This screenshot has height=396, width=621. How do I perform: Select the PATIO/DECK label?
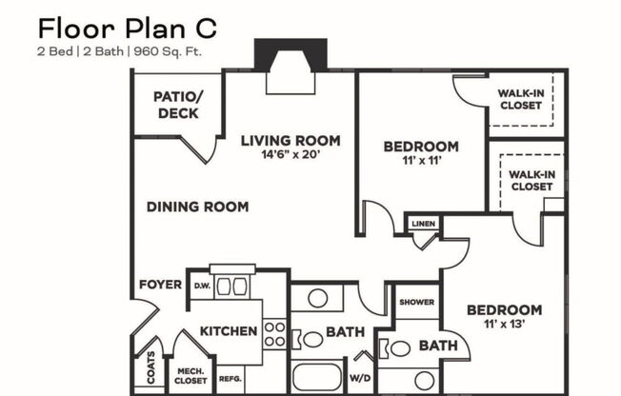tap(178, 106)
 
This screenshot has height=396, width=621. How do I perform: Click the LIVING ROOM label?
tap(290, 141)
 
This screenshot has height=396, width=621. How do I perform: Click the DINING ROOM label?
tap(197, 207)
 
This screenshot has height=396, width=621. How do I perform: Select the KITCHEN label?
tap(228, 331)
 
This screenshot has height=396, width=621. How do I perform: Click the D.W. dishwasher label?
tap(202, 285)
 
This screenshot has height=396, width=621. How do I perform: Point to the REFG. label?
tap(230, 377)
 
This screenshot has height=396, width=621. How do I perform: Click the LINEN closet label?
tap(422, 224)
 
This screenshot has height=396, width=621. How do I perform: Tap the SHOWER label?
tap(416, 303)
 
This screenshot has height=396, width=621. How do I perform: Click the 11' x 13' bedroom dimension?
tap(505, 326)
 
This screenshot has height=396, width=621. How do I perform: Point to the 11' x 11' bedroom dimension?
tap(420, 163)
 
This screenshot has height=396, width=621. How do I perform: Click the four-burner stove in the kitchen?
tap(275, 333)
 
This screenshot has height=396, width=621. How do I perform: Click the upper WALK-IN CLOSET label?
tap(520, 99)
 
